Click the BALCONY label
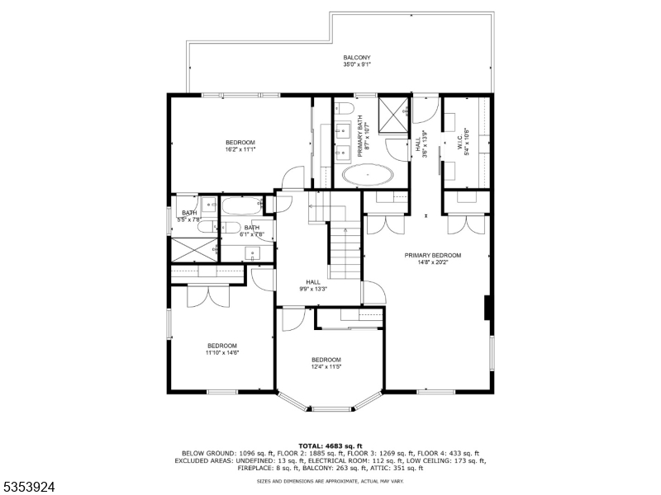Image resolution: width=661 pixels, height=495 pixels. click(357, 58)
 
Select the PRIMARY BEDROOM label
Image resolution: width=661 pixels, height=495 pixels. click(432, 256)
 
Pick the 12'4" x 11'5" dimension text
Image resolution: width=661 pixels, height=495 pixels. click(326, 367)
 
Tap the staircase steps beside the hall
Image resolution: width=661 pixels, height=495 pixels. click(345, 252)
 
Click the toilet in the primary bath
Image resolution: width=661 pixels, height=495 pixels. click(345, 108)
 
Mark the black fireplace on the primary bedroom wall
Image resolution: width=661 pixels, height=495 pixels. click(487, 307)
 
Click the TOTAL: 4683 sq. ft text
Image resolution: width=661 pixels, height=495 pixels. click(330, 445)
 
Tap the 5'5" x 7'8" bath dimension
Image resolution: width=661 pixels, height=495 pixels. click(189, 220)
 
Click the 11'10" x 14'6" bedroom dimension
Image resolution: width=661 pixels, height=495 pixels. click(222, 352)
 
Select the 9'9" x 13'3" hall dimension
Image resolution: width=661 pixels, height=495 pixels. click(313, 289)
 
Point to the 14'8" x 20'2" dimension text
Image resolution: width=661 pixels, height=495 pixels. click(432, 263)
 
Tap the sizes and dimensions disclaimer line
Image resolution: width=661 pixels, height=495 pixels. click(330, 481)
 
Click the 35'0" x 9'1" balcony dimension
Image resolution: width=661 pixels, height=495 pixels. click(357, 64)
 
